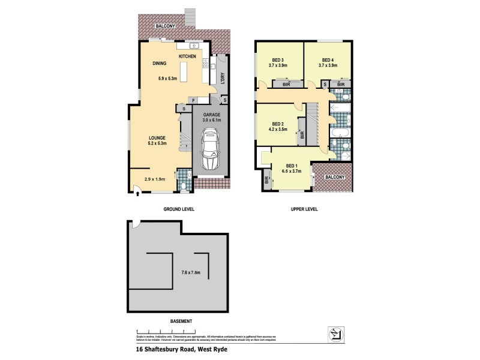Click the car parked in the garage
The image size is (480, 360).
(211, 152)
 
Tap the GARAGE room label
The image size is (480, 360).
(211, 113)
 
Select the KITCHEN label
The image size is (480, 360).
(187, 56)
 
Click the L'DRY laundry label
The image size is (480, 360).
(222, 78)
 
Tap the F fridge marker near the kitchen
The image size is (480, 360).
(194, 100)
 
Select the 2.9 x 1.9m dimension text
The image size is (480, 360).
(154, 179)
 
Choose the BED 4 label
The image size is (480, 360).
(327, 60)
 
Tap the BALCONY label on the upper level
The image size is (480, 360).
(335, 178)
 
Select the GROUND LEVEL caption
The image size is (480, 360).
(179, 209)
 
